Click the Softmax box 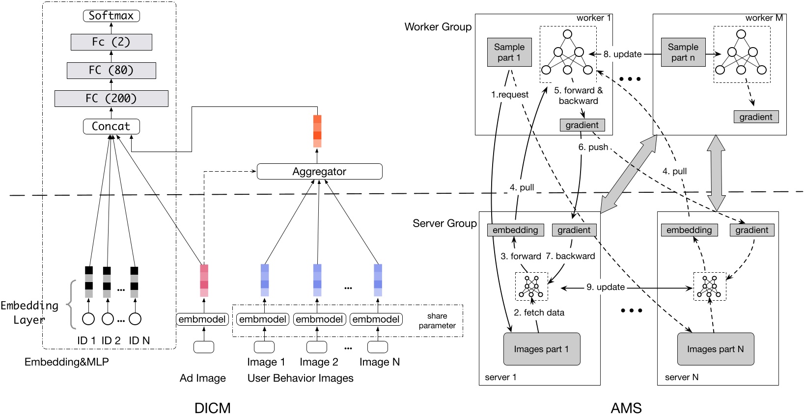[x=111, y=16]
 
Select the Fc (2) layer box [x=111, y=42]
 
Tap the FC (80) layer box [x=111, y=70]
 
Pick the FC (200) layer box [x=111, y=99]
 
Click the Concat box [x=111, y=127]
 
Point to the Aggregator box [x=319, y=171]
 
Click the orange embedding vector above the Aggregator [x=317, y=131]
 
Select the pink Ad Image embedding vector [x=204, y=281]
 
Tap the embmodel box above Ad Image [x=202, y=319]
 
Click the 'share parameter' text [x=437, y=321]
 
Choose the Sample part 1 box [x=509, y=52]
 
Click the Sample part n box [x=683, y=52]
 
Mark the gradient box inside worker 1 [x=582, y=125]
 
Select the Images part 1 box [x=542, y=349]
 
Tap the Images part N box [x=715, y=349]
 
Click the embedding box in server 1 [x=515, y=230]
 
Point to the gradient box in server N [x=752, y=230]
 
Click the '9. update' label [x=606, y=287]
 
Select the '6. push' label [x=593, y=147]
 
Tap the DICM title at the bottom [x=213, y=408]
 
